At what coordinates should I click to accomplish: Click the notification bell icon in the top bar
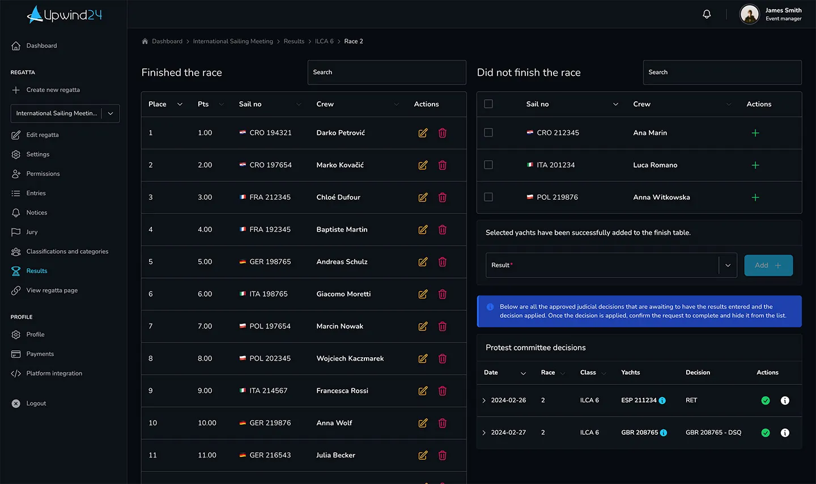coord(706,14)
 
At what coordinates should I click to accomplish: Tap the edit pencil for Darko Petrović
coord(423,133)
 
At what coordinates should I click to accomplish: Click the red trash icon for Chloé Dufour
coord(442,197)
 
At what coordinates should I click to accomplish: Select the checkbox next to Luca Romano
coord(488,165)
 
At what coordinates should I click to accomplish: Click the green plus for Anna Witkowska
coord(755,197)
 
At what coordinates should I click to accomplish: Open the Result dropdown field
coord(611,265)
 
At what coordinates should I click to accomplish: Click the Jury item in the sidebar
coord(32,232)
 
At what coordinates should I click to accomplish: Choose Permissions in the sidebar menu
coord(42,174)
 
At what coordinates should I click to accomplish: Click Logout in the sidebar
coord(36,403)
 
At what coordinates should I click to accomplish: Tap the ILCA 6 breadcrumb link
coord(324,41)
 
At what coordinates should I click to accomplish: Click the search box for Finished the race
coord(386,72)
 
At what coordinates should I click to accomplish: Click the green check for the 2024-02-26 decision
coord(766,400)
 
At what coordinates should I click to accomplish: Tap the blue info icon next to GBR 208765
coord(664,432)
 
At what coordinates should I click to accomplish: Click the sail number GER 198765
coord(270,262)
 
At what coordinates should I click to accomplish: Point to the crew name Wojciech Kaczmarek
coord(350,358)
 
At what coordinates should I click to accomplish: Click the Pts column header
coord(203,104)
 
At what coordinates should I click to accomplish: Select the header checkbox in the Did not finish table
coord(488,104)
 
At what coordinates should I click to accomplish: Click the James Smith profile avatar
coord(749,14)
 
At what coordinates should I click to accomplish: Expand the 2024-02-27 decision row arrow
coord(484,432)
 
